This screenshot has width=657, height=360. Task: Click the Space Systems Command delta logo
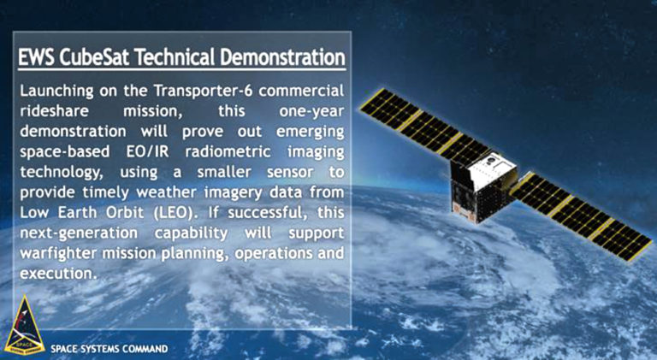22,330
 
